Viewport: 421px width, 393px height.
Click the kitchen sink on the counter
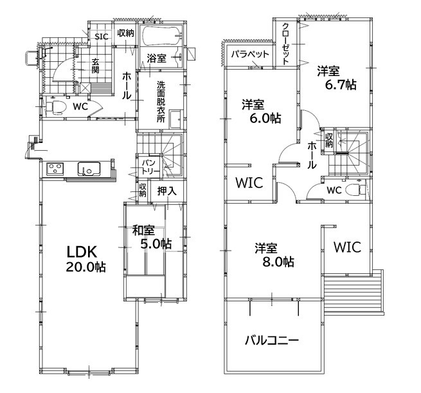click(x=89, y=168)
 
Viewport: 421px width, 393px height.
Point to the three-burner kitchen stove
click(x=55, y=169)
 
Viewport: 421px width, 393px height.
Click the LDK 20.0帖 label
click(x=85, y=260)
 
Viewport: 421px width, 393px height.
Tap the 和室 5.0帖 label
click(x=152, y=237)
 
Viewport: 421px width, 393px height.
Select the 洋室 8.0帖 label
click(x=274, y=254)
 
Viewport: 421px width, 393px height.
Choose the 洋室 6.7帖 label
click(x=337, y=77)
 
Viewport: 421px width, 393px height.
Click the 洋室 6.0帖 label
click(x=262, y=111)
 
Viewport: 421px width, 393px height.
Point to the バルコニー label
click(x=272, y=341)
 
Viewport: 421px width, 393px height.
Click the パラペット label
click(x=250, y=54)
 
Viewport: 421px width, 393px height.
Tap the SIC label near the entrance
click(x=102, y=36)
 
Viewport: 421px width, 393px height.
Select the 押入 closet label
click(x=167, y=191)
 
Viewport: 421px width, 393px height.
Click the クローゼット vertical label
click(x=285, y=44)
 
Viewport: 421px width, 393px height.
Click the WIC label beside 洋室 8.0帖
click(x=348, y=247)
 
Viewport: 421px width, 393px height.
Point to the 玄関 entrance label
click(x=95, y=66)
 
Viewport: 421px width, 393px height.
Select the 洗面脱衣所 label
click(x=161, y=102)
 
